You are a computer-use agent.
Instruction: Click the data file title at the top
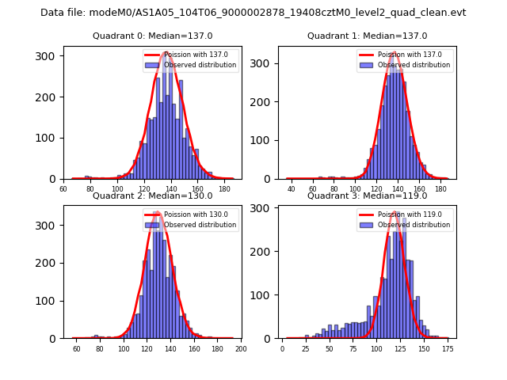[253, 13]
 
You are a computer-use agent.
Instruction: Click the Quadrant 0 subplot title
[152, 36]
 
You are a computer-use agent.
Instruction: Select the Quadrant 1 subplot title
[367, 36]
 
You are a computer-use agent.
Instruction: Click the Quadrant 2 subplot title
[152, 196]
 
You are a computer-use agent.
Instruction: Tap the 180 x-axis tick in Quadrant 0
[225, 189]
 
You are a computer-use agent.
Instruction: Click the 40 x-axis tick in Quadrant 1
[292, 189]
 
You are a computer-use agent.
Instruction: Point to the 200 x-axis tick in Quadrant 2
[241, 348]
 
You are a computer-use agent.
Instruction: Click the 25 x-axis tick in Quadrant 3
[305, 348]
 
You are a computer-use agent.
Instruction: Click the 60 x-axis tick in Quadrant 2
[76, 348]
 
